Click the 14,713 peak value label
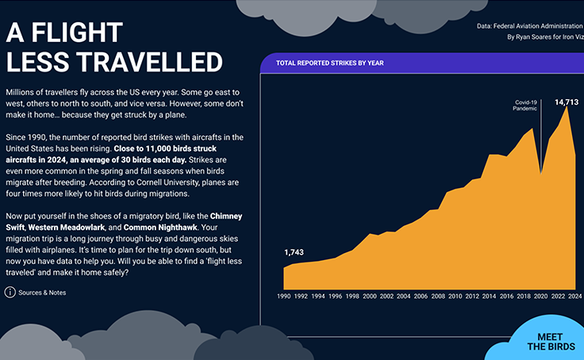(566, 102)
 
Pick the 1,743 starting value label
(294, 252)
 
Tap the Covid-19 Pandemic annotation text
(525, 105)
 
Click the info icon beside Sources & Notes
(10, 293)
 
